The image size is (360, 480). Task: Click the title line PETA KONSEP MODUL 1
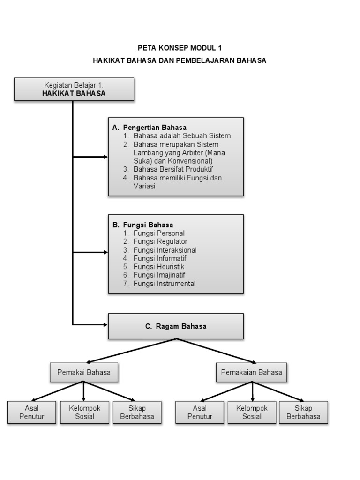coord(179,48)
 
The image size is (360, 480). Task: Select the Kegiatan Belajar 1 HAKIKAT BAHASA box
coord(74,89)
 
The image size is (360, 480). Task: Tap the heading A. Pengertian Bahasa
coord(150,127)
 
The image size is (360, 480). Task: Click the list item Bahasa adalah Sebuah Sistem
coord(182,135)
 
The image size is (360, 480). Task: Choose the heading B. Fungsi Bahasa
coord(143,225)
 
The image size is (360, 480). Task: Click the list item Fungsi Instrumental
coord(165,284)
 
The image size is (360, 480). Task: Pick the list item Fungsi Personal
coord(159,233)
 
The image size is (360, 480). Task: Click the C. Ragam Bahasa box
coord(176,326)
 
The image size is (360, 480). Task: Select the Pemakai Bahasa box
coord(84,373)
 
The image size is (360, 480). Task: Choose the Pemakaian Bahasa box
coord(252,373)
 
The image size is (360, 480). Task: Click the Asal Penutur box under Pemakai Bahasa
coord(31,412)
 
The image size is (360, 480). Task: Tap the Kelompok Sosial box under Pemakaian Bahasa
coord(252,412)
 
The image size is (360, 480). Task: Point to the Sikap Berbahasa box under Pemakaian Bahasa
coord(303,412)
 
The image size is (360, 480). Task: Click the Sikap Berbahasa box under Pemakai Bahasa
coord(137,412)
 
